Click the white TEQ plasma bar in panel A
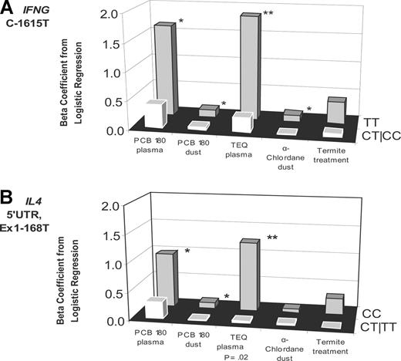pyautogui.click(x=241, y=122)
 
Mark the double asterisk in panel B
pyautogui.click(x=272, y=238)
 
